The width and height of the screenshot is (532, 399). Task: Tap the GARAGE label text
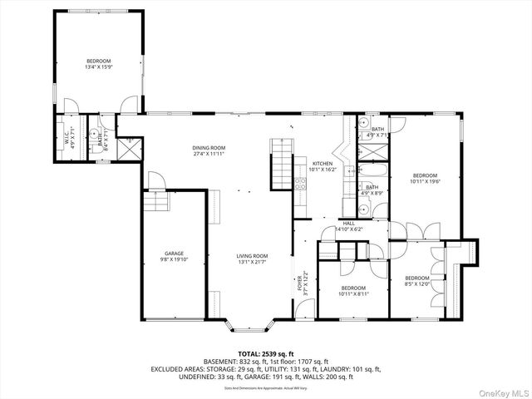click(x=174, y=254)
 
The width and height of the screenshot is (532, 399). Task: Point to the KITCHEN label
click(x=323, y=164)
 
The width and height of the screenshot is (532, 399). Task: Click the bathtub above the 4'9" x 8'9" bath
click(x=369, y=173)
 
